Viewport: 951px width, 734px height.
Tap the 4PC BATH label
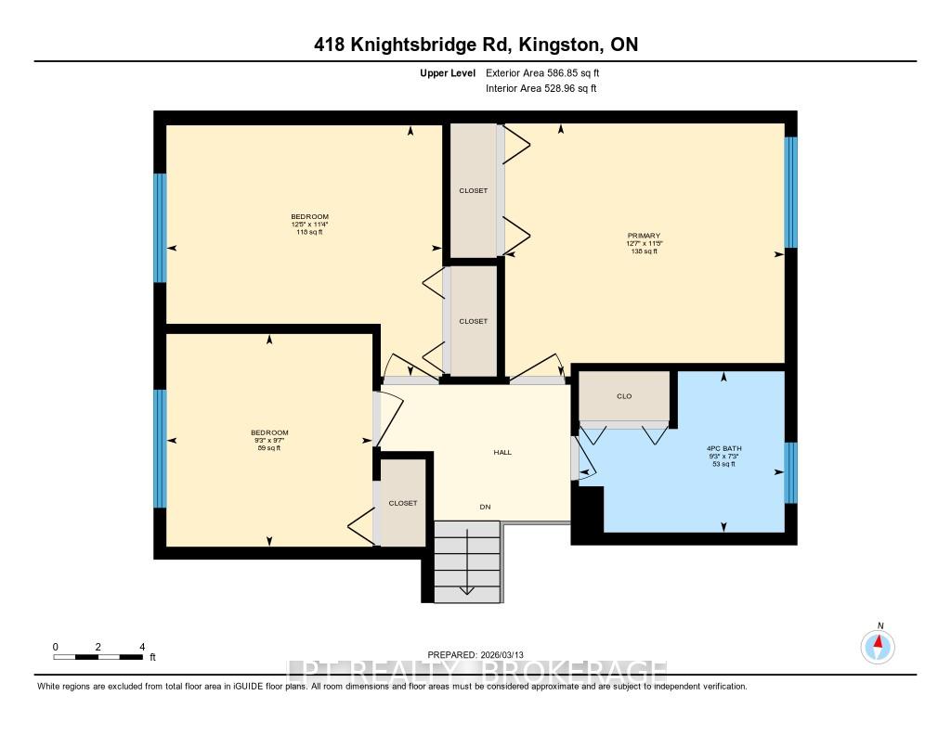tap(724, 448)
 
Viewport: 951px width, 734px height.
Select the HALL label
tap(502, 453)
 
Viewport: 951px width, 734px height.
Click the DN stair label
tap(485, 507)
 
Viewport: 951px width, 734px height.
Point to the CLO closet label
tap(624, 396)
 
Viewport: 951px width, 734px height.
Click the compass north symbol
tap(878, 645)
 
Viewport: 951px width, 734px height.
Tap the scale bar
tap(98, 657)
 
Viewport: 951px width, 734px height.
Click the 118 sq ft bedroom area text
tap(309, 232)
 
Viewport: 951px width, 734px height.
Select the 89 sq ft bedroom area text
tap(269, 448)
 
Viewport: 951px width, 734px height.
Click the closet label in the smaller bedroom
tap(403, 503)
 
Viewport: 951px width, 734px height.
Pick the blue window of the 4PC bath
tap(790, 472)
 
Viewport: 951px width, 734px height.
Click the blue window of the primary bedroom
tap(790, 192)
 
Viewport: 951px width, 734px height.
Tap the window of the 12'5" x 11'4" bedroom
tap(160, 227)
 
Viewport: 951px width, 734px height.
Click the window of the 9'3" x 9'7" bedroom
tap(160, 448)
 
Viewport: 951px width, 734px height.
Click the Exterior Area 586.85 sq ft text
tap(549, 72)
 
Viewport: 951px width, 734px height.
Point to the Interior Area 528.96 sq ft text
tap(541, 89)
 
